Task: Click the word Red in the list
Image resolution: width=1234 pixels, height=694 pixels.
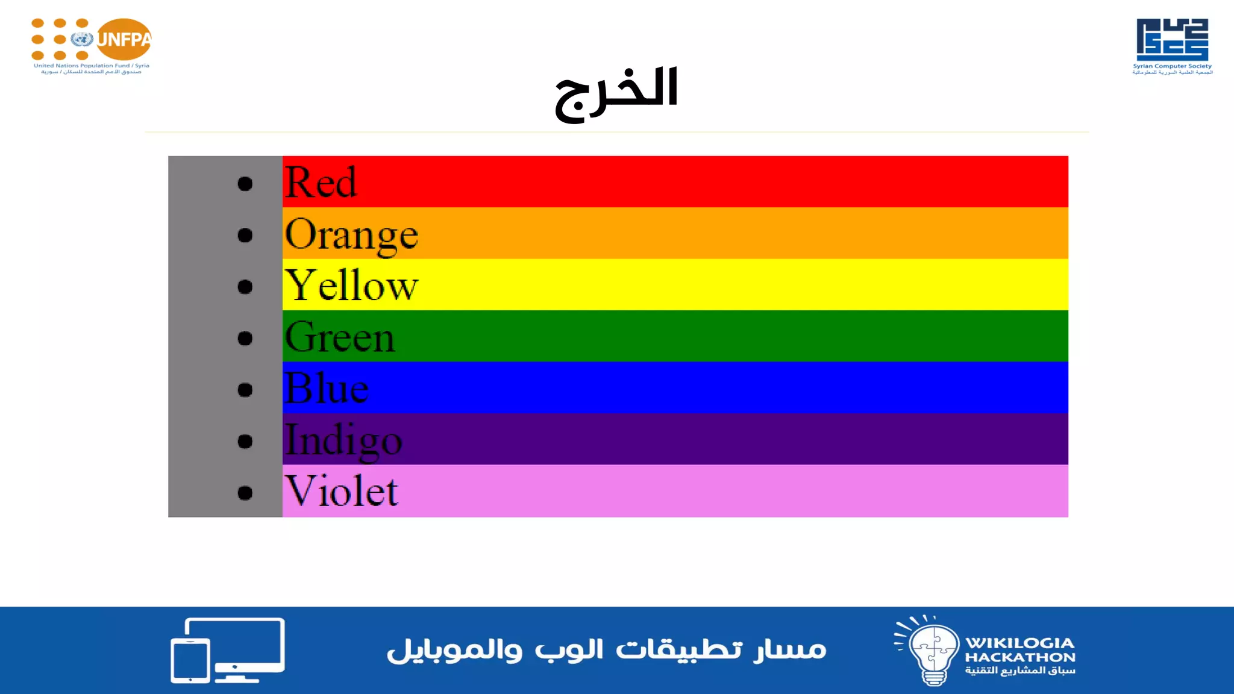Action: (x=321, y=182)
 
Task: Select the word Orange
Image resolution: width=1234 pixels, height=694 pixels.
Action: (x=351, y=234)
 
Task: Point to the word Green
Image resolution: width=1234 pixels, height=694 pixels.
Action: (x=340, y=337)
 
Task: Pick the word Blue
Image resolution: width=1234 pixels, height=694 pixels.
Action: (x=326, y=388)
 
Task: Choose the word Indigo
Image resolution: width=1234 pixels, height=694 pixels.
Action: (x=343, y=440)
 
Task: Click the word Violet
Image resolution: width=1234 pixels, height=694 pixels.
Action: (x=341, y=491)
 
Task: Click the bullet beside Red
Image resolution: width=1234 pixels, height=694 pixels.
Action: (x=245, y=184)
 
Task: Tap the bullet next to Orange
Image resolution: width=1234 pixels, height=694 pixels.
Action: (x=245, y=235)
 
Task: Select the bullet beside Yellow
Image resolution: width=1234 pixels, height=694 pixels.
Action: (x=245, y=287)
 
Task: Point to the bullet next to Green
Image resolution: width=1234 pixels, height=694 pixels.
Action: (x=245, y=339)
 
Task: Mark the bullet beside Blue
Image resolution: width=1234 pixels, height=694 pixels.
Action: (x=245, y=390)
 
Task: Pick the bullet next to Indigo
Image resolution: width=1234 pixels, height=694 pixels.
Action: (x=245, y=442)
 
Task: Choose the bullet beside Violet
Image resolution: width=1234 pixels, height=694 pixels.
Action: (x=245, y=493)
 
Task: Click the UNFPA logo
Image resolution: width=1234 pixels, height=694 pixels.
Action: (x=92, y=46)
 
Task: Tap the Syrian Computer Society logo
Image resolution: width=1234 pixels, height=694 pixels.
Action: (x=1172, y=46)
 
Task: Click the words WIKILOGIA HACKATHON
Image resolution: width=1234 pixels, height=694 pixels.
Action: (x=1020, y=650)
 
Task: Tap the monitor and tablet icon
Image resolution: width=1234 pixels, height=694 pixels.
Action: (x=228, y=650)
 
